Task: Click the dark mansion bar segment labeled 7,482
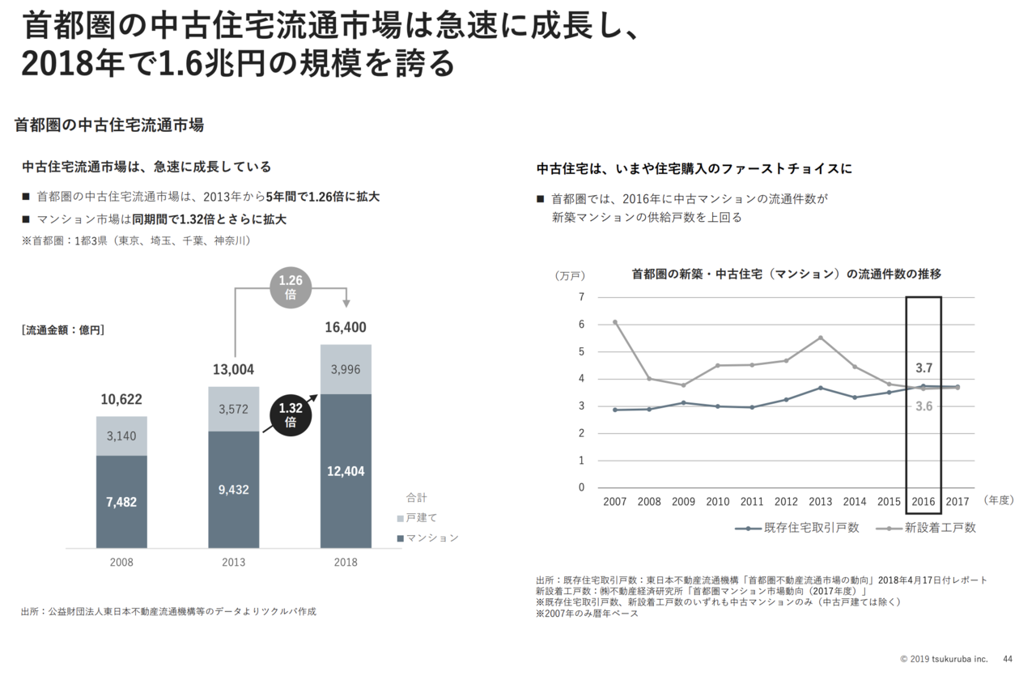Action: pos(121,501)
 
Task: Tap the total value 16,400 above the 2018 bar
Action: pos(346,328)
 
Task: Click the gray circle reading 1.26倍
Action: pos(291,287)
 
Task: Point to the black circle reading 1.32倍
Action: pos(291,415)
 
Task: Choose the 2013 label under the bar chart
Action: pos(233,562)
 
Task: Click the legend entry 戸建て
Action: pos(421,517)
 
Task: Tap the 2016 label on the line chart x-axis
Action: pos(923,502)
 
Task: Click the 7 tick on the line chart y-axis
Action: pos(580,297)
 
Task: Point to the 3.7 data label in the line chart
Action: pos(924,367)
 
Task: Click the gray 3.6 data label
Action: pos(924,406)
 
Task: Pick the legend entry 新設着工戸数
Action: pos(940,528)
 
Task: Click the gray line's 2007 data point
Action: pos(615,322)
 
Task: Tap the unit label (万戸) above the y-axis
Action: pos(570,275)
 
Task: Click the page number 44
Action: pos(1008,659)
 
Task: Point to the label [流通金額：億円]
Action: pos(63,329)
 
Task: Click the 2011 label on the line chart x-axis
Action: pos(752,502)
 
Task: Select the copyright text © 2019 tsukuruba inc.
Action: pos(944,659)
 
